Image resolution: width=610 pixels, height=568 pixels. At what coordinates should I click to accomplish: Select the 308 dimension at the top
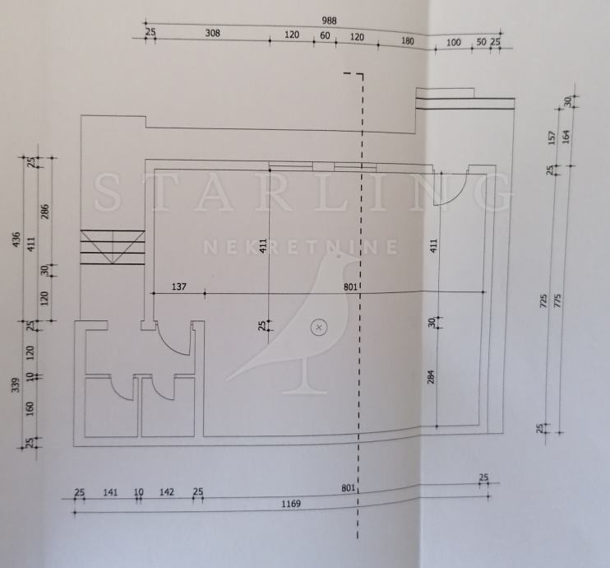213,35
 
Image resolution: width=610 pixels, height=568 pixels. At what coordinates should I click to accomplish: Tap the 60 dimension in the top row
325,35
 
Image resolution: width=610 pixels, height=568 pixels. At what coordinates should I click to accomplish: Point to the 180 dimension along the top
407,40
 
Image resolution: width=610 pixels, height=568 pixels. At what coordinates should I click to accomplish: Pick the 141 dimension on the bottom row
110,492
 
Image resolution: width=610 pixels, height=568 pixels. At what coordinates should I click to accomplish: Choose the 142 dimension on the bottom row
167,492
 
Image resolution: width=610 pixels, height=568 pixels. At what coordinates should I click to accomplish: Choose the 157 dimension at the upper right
552,137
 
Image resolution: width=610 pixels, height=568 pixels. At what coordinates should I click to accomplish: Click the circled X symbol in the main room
319,328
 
